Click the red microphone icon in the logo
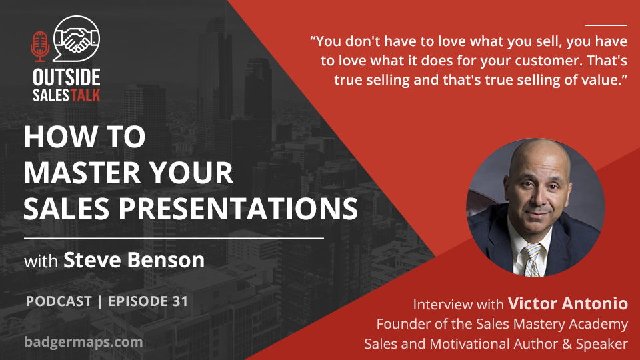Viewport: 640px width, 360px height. pyautogui.click(x=40, y=46)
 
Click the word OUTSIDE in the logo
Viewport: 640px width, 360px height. pyautogui.click(x=67, y=77)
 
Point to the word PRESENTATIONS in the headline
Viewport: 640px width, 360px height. pyautogui.click(x=238, y=209)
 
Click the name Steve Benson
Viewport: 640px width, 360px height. pyautogui.click(x=134, y=260)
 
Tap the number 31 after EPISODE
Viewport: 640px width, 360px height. pyautogui.click(x=180, y=301)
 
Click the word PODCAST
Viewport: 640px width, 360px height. pyautogui.click(x=59, y=301)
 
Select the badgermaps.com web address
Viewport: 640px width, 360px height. pyautogui.click(x=84, y=342)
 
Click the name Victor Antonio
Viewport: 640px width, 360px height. pyautogui.click(x=568, y=303)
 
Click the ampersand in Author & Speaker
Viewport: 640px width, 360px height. pyautogui.click(x=567, y=344)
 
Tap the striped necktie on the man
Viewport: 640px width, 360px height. pyautogui.click(x=533, y=260)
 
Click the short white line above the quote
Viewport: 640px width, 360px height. pyautogui.click(x=606, y=25)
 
